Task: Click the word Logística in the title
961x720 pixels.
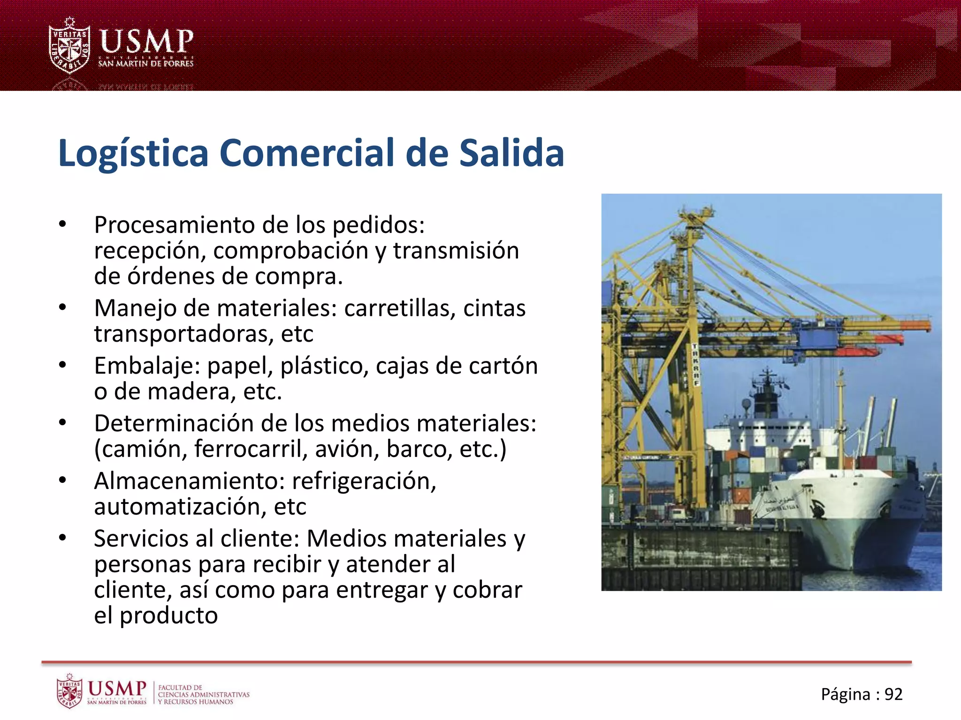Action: [133, 154]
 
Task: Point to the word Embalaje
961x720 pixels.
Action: [147, 366]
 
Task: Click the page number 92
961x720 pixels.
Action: [893, 694]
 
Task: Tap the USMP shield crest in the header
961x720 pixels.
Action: [69, 46]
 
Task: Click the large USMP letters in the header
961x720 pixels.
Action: [146, 41]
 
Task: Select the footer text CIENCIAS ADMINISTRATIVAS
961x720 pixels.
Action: [204, 695]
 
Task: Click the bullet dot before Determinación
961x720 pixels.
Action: [63, 423]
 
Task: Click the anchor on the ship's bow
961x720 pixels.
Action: [819, 509]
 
